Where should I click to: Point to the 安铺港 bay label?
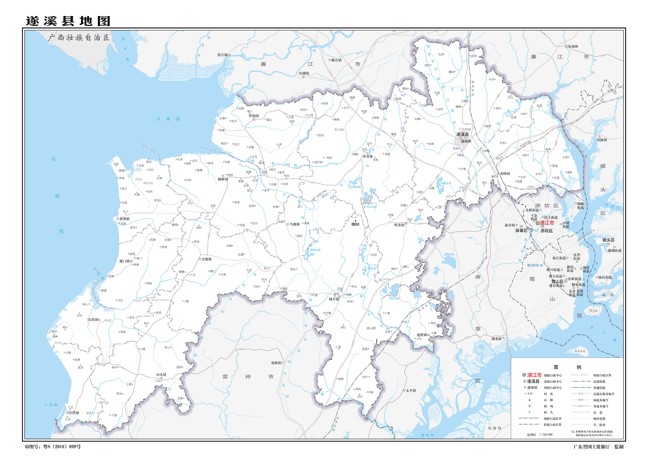click(x=168, y=119)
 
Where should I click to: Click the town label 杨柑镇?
click(x=223, y=179)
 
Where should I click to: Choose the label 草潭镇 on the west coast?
click(x=124, y=219)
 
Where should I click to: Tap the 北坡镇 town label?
click(x=206, y=259)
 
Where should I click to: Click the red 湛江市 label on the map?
click(x=547, y=223)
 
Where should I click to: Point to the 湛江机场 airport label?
click(x=533, y=265)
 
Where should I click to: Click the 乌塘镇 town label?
click(x=295, y=224)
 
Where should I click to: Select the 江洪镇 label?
click(x=74, y=413)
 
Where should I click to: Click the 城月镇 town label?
click(x=334, y=299)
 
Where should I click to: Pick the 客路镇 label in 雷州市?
click(x=276, y=363)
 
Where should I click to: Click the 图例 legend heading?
click(x=567, y=367)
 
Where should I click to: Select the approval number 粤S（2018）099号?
click(x=62, y=447)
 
